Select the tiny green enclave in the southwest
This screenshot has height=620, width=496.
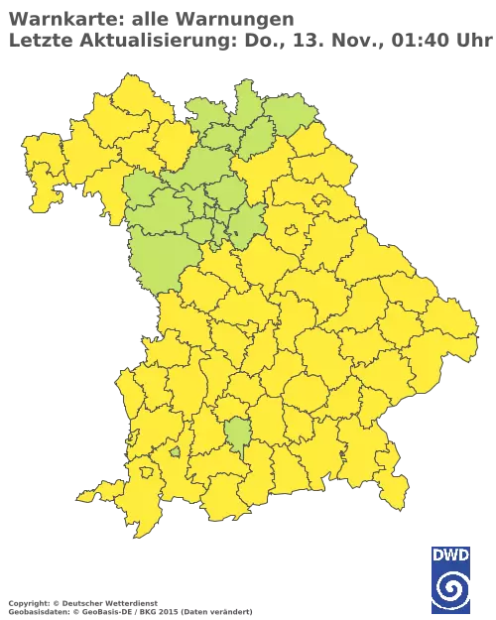coord(176,452)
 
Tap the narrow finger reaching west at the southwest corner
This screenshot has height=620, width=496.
coord(94,493)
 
